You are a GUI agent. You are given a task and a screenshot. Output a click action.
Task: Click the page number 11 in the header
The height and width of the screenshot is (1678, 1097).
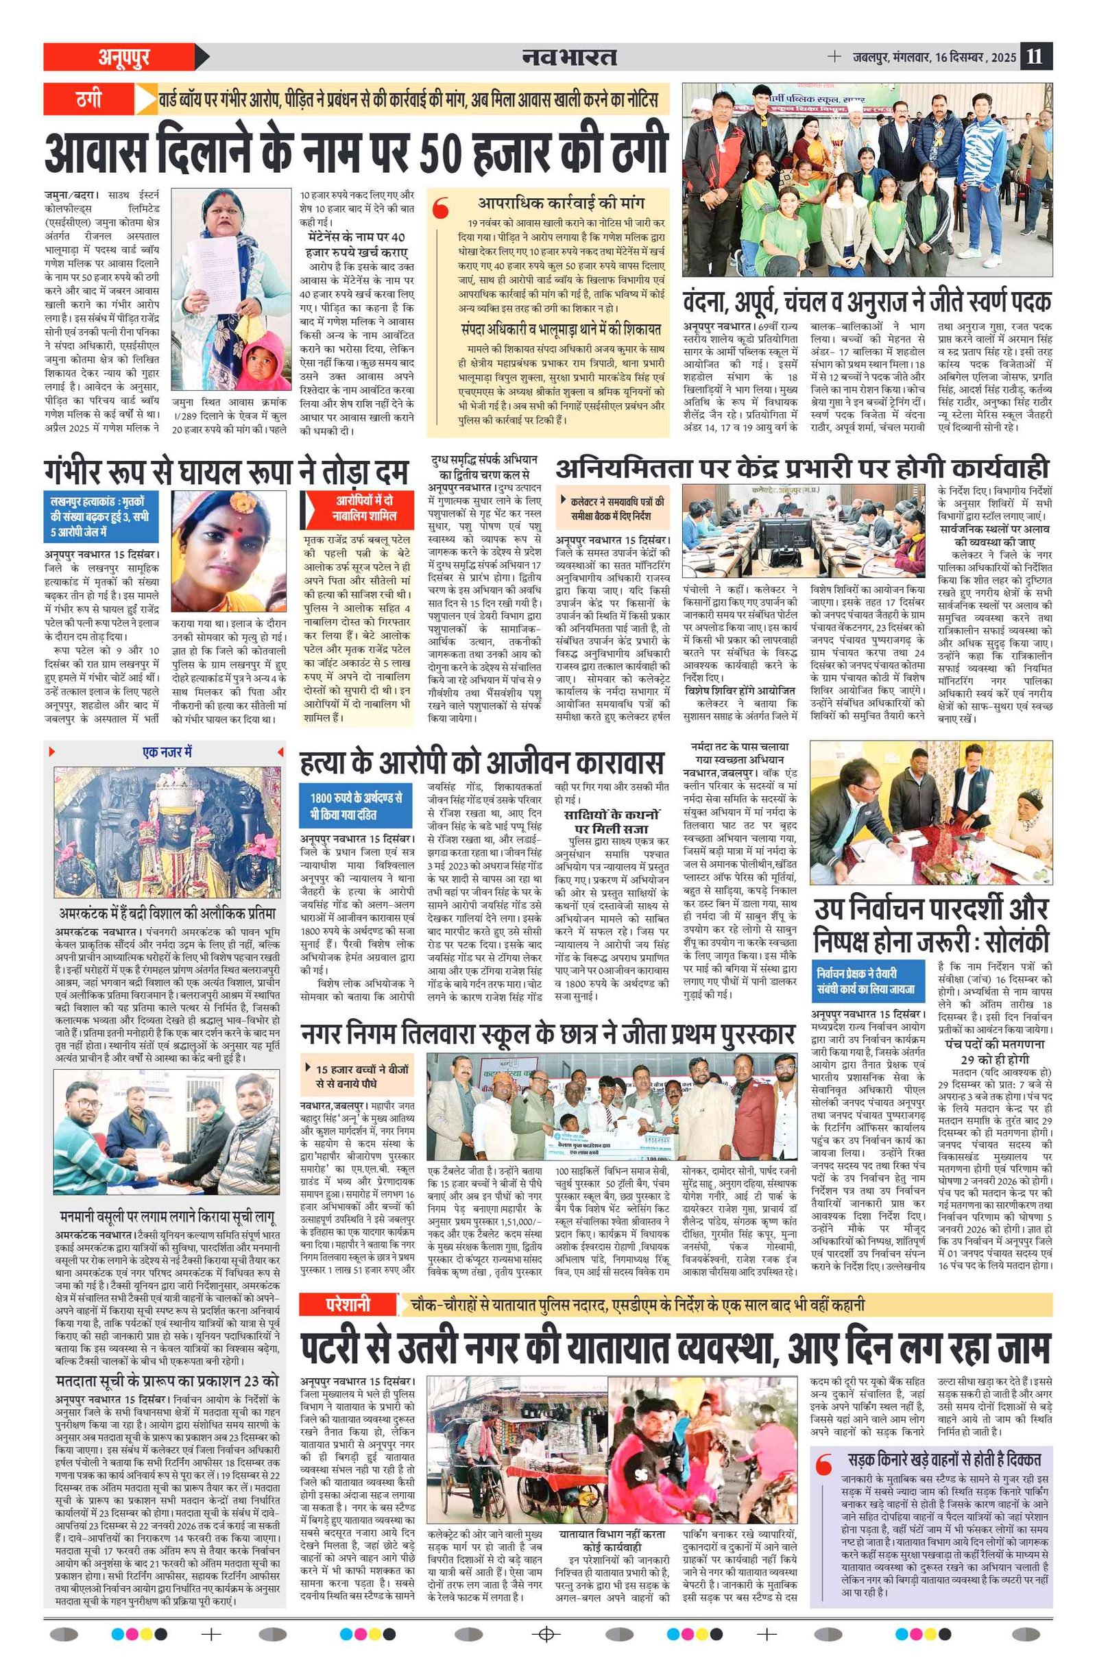[x=1034, y=56]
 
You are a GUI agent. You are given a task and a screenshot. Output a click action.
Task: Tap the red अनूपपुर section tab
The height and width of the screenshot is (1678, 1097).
[x=123, y=56]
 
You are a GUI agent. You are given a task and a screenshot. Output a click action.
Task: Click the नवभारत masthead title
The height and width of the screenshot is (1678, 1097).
[x=569, y=56]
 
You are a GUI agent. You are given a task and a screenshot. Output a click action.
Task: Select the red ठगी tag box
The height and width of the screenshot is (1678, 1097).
[x=90, y=99]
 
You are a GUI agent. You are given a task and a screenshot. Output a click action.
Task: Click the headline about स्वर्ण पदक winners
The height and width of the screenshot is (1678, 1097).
[x=867, y=302]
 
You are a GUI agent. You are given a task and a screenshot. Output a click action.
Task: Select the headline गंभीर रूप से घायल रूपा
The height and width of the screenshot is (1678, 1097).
[x=226, y=470]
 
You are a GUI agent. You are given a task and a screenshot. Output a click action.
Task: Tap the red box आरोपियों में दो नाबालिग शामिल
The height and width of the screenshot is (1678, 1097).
[x=364, y=507]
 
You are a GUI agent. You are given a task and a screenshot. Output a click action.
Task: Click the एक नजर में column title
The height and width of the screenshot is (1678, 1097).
[x=167, y=752]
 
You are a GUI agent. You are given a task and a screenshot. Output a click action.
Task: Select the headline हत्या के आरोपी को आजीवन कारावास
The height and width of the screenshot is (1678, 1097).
[x=481, y=763]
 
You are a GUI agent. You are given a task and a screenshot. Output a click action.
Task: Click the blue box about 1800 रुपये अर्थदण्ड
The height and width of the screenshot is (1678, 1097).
[x=355, y=805]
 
